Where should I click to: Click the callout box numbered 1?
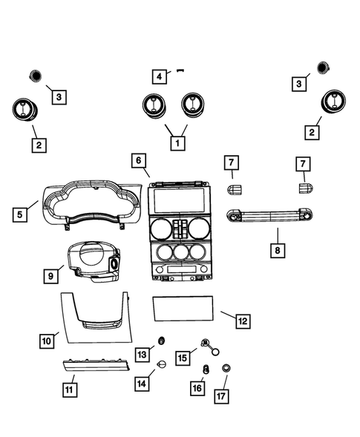coord(177,142)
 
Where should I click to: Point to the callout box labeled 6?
coord(139,160)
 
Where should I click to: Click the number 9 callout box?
coord(51,275)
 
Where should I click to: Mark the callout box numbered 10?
coord(46,341)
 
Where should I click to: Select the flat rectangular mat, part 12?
coord(184,308)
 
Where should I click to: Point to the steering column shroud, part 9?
coord(92,266)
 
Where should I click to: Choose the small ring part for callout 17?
coord(226,368)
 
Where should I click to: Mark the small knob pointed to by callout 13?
coord(160,341)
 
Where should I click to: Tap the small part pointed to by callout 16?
coord(206,369)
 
